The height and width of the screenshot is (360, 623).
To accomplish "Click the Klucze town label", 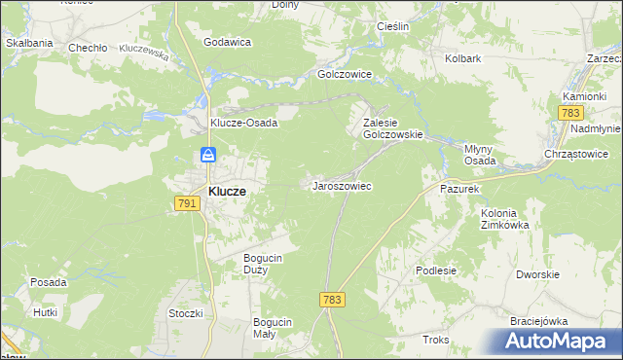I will click(x=226, y=192).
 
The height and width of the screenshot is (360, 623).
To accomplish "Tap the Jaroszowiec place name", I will click(x=341, y=185).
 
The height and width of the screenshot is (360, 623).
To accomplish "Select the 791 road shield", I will click(x=188, y=203).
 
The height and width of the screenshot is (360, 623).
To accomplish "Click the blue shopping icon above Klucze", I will click(x=208, y=155).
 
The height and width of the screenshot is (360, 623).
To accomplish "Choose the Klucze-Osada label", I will click(x=244, y=124).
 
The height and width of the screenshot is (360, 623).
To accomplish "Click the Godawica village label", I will click(x=228, y=42).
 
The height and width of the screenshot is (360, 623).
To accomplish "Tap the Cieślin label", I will click(x=389, y=26).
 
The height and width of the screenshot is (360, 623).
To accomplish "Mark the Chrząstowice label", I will click(x=576, y=154).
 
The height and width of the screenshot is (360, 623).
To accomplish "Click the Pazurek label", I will click(x=460, y=188).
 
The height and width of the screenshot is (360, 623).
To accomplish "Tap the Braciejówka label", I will click(x=538, y=320).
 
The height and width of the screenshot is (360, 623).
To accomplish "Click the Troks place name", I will click(x=435, y=340).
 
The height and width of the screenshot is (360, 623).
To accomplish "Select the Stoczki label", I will click(x=185, y=313).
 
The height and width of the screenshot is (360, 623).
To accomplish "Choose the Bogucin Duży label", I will click(x=263, y=263).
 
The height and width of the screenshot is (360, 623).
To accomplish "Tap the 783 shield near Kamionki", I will click(x=571, y=114).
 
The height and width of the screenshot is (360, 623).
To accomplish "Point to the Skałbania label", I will click(x=28, y=43).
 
